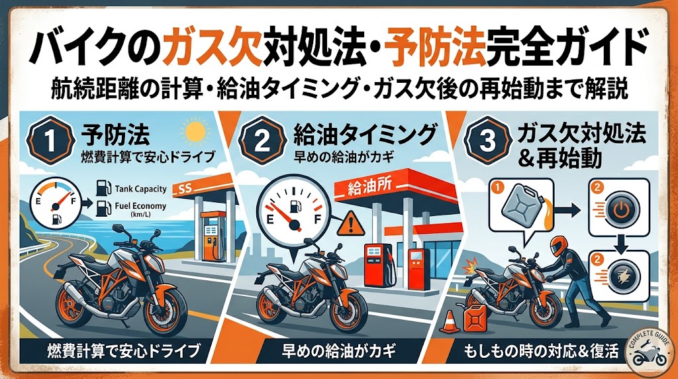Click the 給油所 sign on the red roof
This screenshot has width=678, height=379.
[362, 189]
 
